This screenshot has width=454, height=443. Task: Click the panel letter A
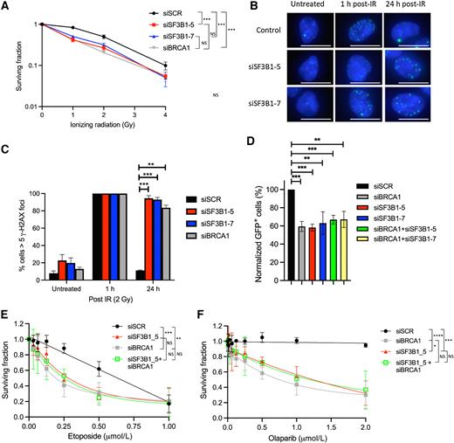6,7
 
